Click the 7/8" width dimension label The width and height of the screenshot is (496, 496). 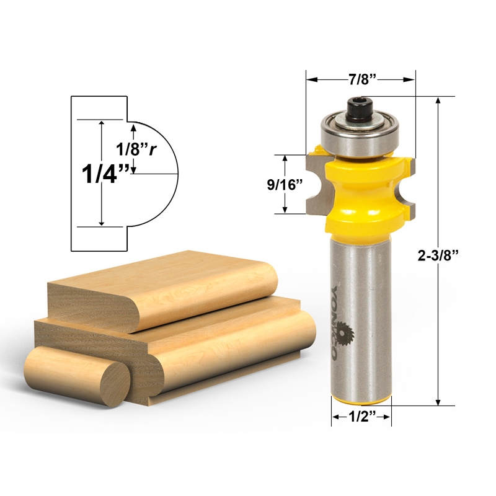pyautogui.click(x=361, y=79)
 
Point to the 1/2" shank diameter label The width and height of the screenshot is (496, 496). pyautogui.click(x=361, y=417)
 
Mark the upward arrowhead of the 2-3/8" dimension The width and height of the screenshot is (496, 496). pyautogui.click(x=439, y=100)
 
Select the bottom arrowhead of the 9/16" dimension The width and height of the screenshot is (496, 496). pyautogui.click(x=286, y=210)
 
